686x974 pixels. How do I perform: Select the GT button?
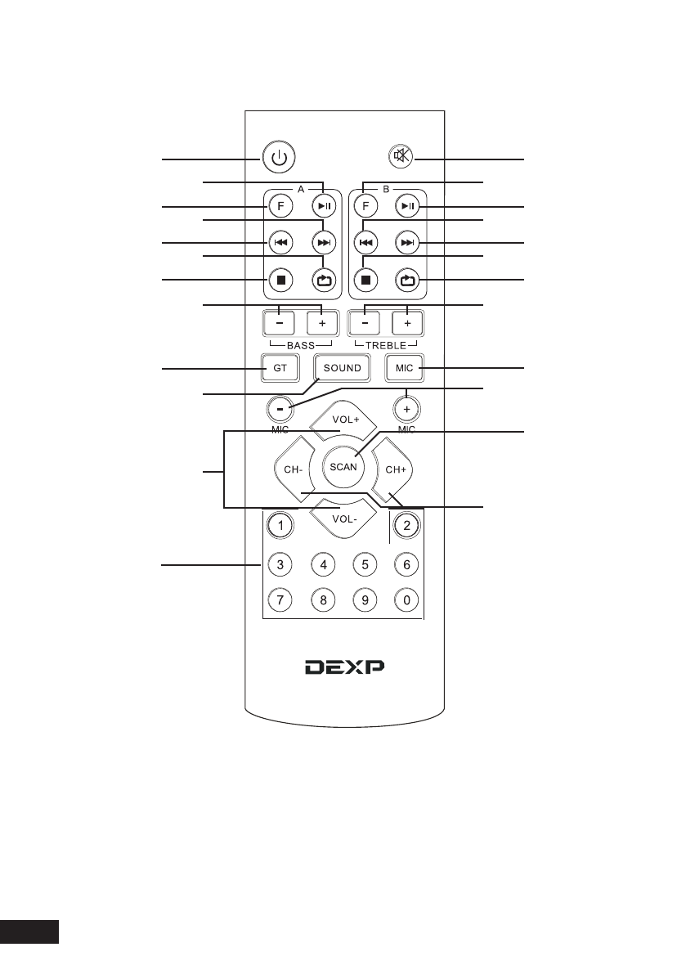(280, 368)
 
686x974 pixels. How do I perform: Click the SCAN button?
(343, 467)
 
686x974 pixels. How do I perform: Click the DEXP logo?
(344, 667)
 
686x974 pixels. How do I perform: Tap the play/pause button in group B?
(406, 207)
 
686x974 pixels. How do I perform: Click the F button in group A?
(280, 207)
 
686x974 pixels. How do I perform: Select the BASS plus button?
(321, 323)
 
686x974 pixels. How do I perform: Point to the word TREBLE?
(386, 347)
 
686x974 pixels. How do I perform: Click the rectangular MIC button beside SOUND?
(405, 368)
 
